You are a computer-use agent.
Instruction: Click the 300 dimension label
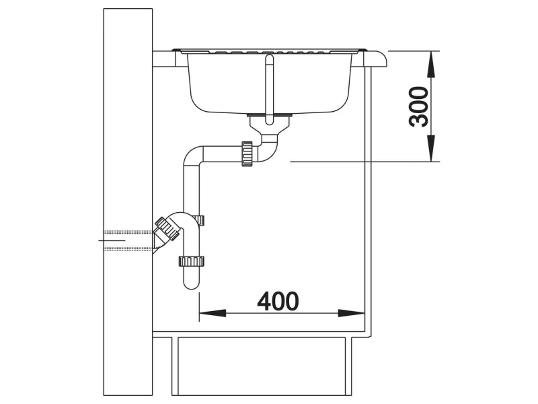click(419, 106)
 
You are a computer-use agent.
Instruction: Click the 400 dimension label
click(278, 301)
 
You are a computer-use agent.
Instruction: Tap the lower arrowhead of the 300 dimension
click(431, 148)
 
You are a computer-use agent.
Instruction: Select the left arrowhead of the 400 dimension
click(213, 313)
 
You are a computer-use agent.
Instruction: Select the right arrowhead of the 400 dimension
click(351, 313)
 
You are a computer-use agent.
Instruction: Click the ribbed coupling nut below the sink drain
click(247, 154)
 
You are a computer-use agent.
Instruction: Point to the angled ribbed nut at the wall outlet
click(167, 228)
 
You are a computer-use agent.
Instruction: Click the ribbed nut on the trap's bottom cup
click(192, 261)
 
